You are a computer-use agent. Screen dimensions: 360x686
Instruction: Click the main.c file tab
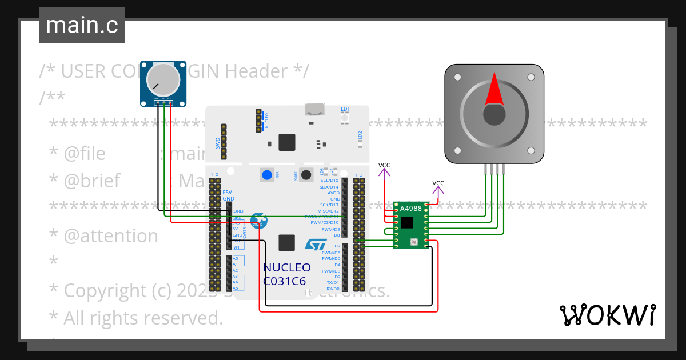click(82, 26)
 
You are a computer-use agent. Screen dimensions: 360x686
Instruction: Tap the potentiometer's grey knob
click(163, 79)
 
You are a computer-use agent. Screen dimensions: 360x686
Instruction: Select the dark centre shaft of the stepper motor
click(494, 114)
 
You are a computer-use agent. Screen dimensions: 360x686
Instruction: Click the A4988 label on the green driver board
click(410, 209)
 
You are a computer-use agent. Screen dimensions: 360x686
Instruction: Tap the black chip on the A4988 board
click(406, 222)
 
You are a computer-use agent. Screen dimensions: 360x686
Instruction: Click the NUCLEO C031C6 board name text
click(287, 274)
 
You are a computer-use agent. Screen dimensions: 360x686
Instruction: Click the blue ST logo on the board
click(315, 245)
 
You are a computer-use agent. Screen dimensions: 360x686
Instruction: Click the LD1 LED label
click(345, 109)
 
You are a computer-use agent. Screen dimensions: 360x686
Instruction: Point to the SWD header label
click(218, 142)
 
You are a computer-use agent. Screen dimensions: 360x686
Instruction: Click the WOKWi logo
click(607, 315)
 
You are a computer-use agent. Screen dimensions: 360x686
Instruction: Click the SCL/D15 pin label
click(329, 181)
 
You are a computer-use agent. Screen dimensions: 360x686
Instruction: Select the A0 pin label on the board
click(235, 258)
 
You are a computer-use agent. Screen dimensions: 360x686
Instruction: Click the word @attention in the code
click(111, 236)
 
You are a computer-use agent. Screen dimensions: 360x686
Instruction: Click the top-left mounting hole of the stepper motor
click(457, 77)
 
